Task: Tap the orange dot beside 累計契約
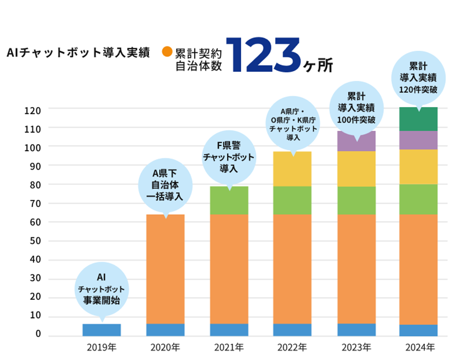pyautogui.click(x=166, y=52)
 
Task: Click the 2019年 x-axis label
pyautogui.click(x=102, y=348)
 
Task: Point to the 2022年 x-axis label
pyautogui.click(x=292, y=348)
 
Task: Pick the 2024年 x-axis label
pyautogui.click(x=419, y=348)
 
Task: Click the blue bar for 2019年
pyautogui.click(x=102, y=330)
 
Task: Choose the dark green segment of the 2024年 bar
pyautogui.click(x=418, y=119)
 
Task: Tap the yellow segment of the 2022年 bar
pyautogui.click(x=292, y=169)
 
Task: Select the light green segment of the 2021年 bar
pyautogui.click(x=229, y=200)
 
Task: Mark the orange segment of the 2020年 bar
pyautogui.click(x=165, y=268)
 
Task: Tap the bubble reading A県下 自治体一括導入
pyautogui.click(x=165, y=187)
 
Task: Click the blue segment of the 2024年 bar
pyautogui.click(x=418, y=330)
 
